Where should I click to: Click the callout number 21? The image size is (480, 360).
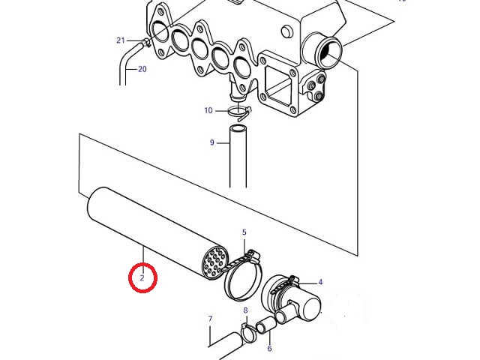pos(121,40)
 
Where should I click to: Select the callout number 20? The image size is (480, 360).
pos(142,69)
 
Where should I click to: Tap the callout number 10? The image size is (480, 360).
pos(208,110)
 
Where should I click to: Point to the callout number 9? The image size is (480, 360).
pos(211,142)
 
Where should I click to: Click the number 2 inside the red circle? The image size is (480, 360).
pos(142,278)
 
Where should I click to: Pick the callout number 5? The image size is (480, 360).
pos(244,232)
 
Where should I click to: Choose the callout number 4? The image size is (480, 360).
pos(320,282)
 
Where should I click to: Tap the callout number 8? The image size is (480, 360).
pos(245,310)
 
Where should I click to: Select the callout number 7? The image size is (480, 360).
pos(210,319)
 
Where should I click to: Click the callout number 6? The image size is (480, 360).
pos(269,348)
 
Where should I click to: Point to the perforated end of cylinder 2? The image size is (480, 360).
pos(216,262)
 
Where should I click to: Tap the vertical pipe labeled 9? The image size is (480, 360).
pos(238,156)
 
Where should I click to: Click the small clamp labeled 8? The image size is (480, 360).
pos(248,334)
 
